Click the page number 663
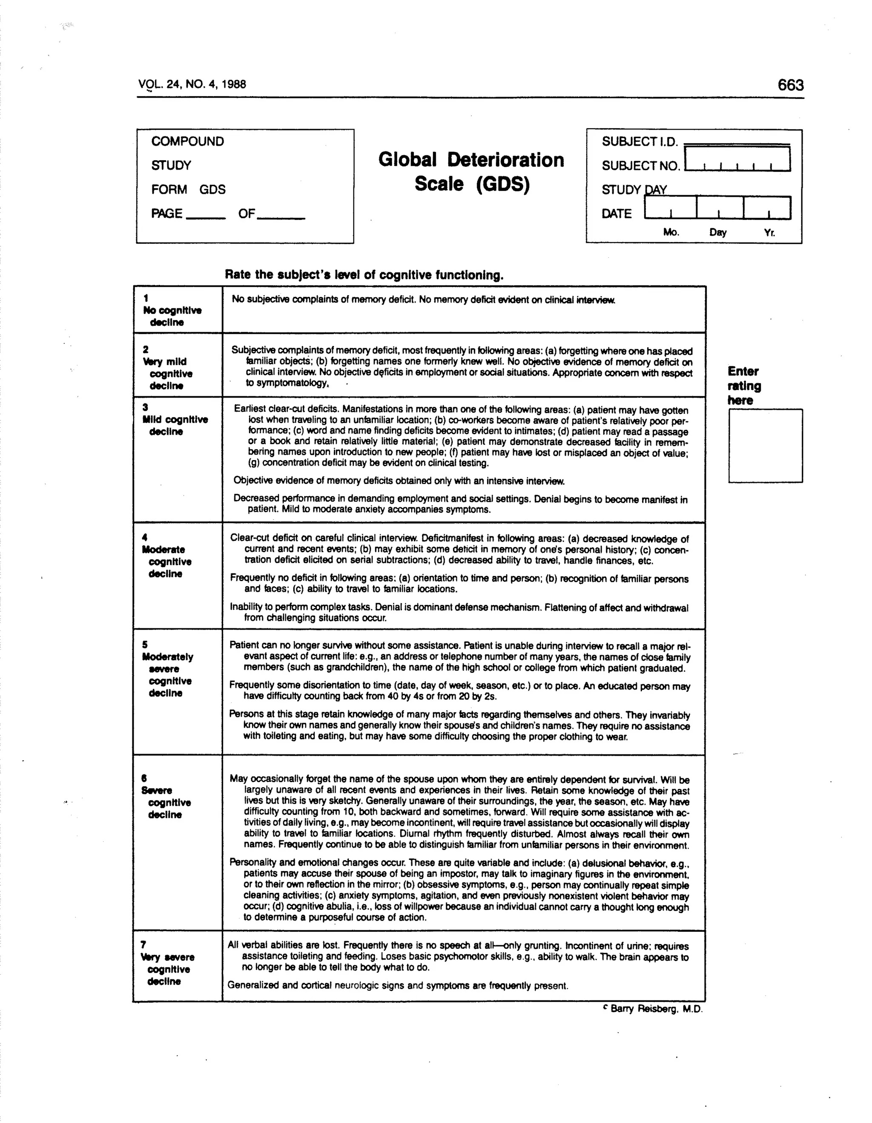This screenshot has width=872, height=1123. (790, 85)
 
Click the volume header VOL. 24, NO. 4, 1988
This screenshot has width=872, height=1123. (192, 84)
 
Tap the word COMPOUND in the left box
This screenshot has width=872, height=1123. (187, 141)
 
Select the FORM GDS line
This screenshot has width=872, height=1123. (188, 190)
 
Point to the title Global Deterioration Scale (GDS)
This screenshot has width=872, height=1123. (471, 172)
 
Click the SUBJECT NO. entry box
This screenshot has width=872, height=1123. (737, 159)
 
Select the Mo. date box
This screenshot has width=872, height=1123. (670, 208)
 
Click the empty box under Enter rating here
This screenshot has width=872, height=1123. (765, 446)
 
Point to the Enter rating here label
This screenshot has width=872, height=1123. (743, 386)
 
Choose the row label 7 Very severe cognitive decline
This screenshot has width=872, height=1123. (167, 963)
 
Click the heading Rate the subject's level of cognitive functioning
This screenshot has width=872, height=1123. (364, 275)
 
